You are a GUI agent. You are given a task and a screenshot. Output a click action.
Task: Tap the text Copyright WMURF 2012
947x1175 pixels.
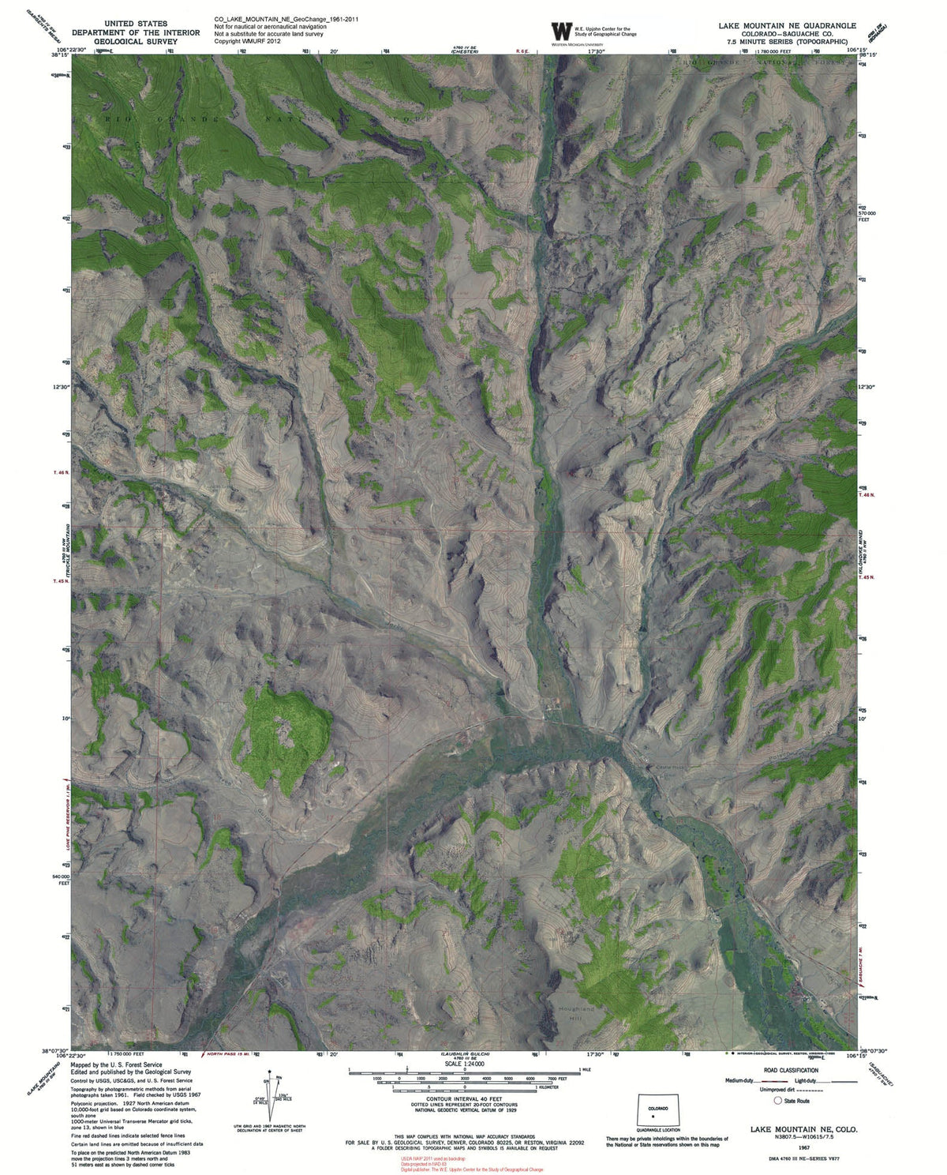click(x=248, y=39)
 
